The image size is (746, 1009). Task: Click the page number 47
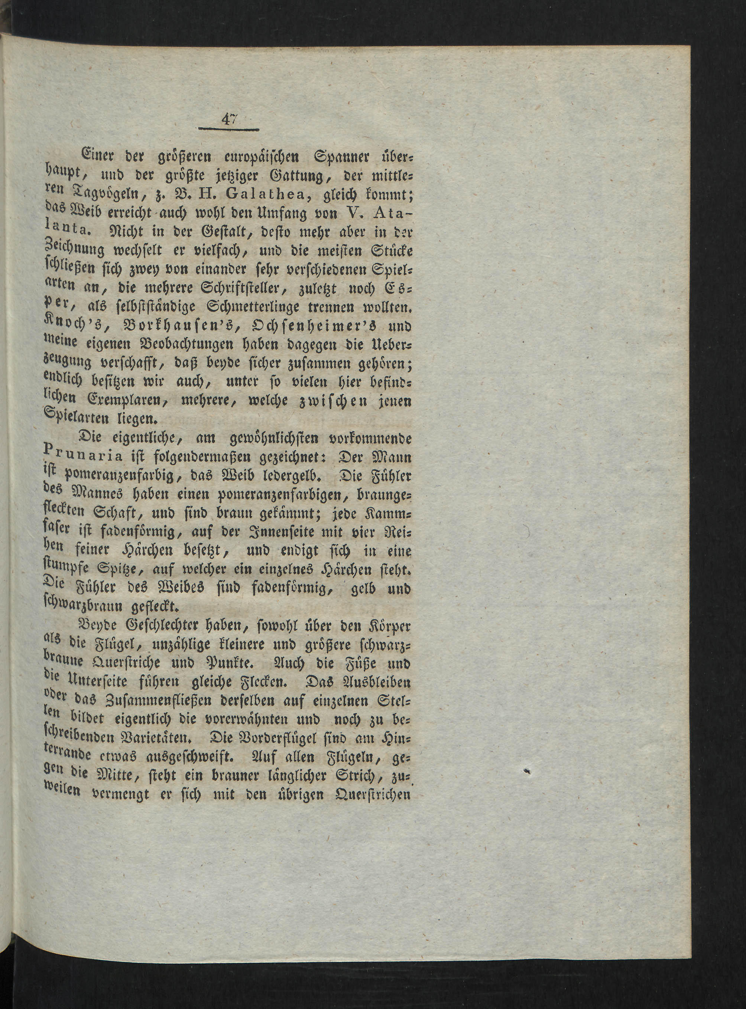click(x=229, y=120)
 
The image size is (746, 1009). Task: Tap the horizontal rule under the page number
click(x=228, y=130)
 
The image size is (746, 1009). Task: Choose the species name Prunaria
click(x=84, y=456)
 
